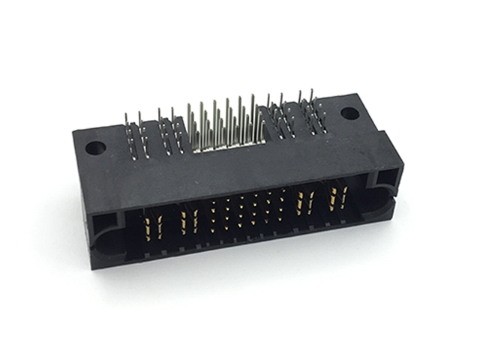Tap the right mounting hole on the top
point(349,114)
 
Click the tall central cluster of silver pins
point(225,124)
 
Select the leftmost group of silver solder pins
point(134,135)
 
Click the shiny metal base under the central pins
point(225,147)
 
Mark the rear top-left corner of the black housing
point(75,134)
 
